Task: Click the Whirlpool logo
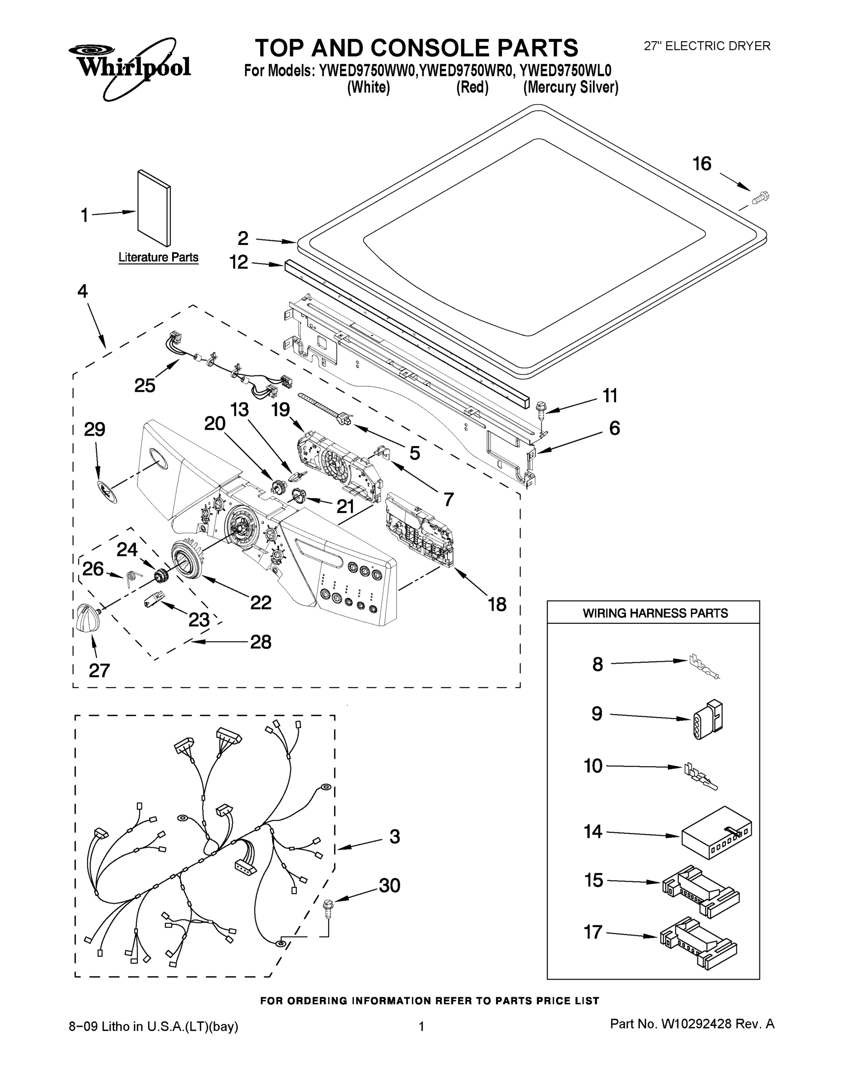(130, 67)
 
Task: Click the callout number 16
(702, 164)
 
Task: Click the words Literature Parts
(158, 257)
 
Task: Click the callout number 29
(94, 429)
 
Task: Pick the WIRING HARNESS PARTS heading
(655, 613)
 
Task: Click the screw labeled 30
(328, 906)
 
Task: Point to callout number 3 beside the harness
(394, 836)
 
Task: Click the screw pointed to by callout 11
(541, 408)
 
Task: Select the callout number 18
(497, 604)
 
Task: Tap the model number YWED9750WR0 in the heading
(465, 71)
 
